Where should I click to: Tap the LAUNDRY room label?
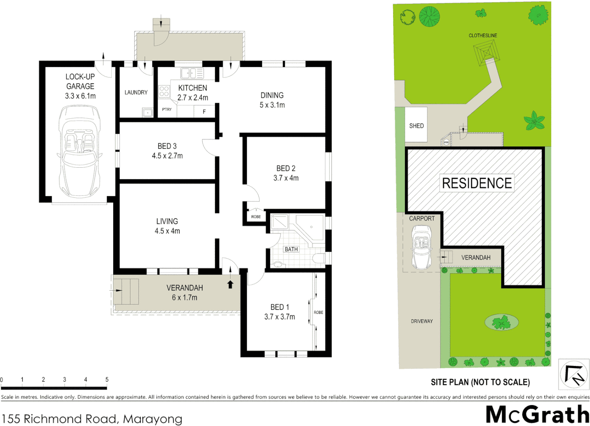tap(136, 92)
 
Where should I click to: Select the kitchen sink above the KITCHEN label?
tap(192, 73)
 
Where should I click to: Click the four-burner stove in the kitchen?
tap(164, 92)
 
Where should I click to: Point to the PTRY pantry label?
tap(167, 110)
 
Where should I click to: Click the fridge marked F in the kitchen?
tap(204, 112)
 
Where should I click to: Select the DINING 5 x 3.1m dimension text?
tap(272, 105)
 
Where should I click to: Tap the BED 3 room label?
tap(167, 146)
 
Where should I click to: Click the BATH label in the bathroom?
tap(291, 249)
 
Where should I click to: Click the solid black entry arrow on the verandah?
tap(230, 284)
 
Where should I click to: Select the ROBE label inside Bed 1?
tap(318, 312)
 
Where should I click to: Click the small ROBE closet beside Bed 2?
tap(256, 217)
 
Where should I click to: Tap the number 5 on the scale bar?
tap(107, 379)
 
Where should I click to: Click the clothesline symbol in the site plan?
tap(486, 53)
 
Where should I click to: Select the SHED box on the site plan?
tap(416, 125)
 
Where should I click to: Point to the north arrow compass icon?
tap(574, 374)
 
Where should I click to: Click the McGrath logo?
tap(537, 415)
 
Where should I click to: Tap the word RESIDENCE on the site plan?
tap(477, 183)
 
